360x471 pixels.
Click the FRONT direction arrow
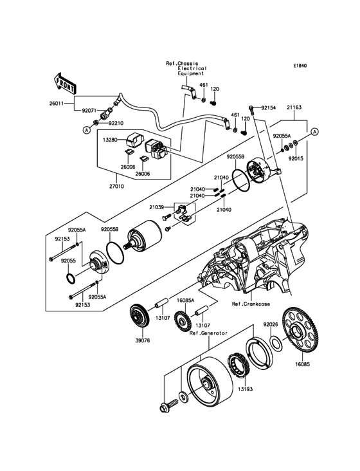click(64, 82)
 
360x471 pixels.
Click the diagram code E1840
click(300, 66)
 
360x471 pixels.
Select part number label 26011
click(56, 104)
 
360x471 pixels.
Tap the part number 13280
click(109, 140)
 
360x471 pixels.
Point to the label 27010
click(117, 186)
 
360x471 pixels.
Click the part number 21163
click(294, 107)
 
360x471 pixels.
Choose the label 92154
click(268, 107)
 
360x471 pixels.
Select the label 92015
click(296, 158)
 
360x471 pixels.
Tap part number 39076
click(143, 340)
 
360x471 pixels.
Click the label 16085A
click(185, 300)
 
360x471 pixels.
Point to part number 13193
click(246, 389)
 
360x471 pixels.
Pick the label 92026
click(271, 324)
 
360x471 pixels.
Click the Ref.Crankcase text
click(251, 304)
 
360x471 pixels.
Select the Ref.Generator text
click(208, 333)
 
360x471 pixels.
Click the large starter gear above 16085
click(301, 333)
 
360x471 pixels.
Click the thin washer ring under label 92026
click(276, 343)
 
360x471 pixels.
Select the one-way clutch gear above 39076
click(139, 315)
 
